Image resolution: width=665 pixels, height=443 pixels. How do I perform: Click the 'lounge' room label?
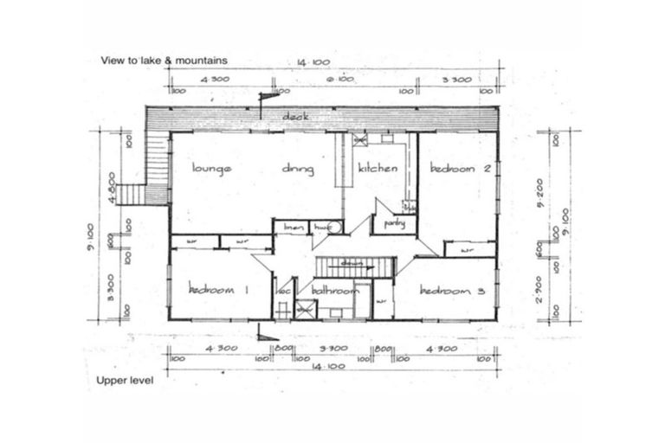pos(212,170)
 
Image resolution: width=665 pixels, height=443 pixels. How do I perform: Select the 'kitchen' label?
pos(378,169)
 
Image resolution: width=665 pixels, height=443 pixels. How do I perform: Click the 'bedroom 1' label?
pos(219,291)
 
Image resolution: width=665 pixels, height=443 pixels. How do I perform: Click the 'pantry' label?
pos(395,223)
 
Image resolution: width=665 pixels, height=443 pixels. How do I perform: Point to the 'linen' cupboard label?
pos(293,228)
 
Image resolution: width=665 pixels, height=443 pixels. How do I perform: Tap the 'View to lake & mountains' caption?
pos(164,61)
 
